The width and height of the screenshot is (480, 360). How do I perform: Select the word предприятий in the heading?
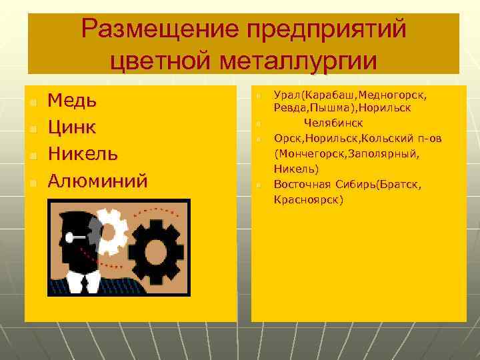click(x=326, y=30)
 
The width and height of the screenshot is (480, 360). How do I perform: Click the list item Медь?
click(x=73, y=101)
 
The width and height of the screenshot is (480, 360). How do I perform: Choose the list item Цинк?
click(x=73, y=127)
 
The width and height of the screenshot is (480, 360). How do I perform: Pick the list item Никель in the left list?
click(x=84, y=154)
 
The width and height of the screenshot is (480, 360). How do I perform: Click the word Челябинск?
click(x=333, y=123)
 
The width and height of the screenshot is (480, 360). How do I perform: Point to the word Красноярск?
click(x=308, y=199)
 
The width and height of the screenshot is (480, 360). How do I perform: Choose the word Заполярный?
click(x=385, y=154)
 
